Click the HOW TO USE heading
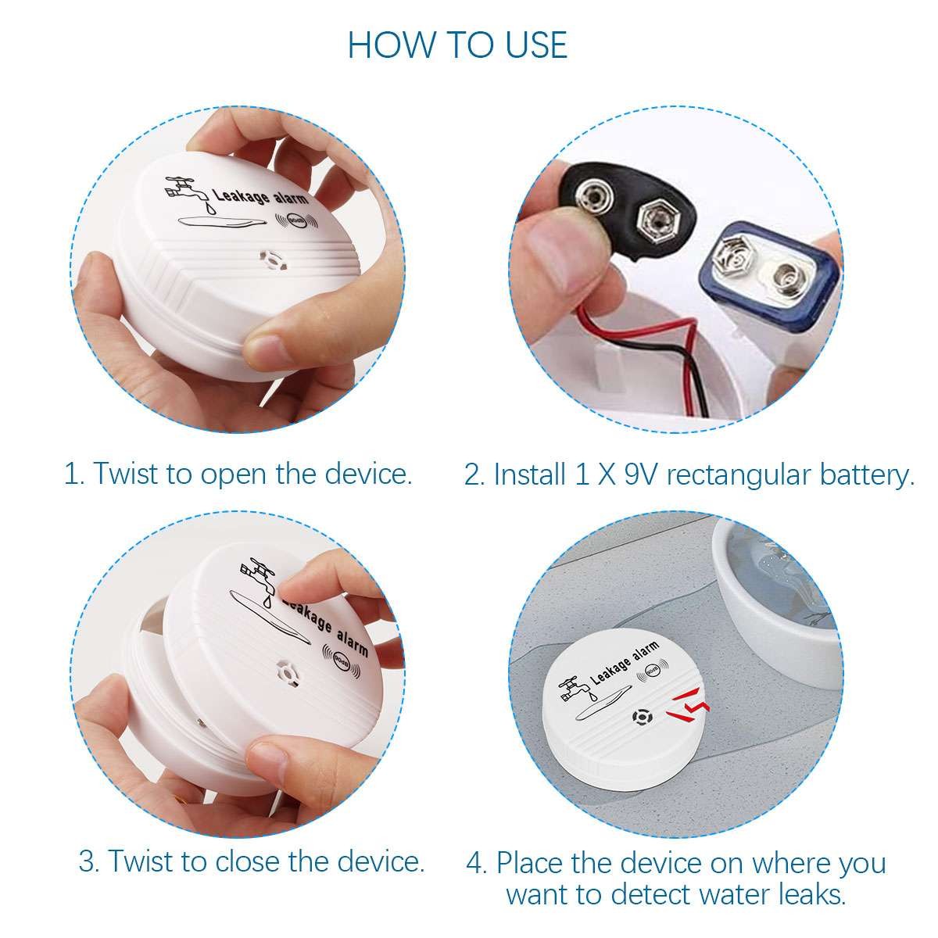pos(457,45)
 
